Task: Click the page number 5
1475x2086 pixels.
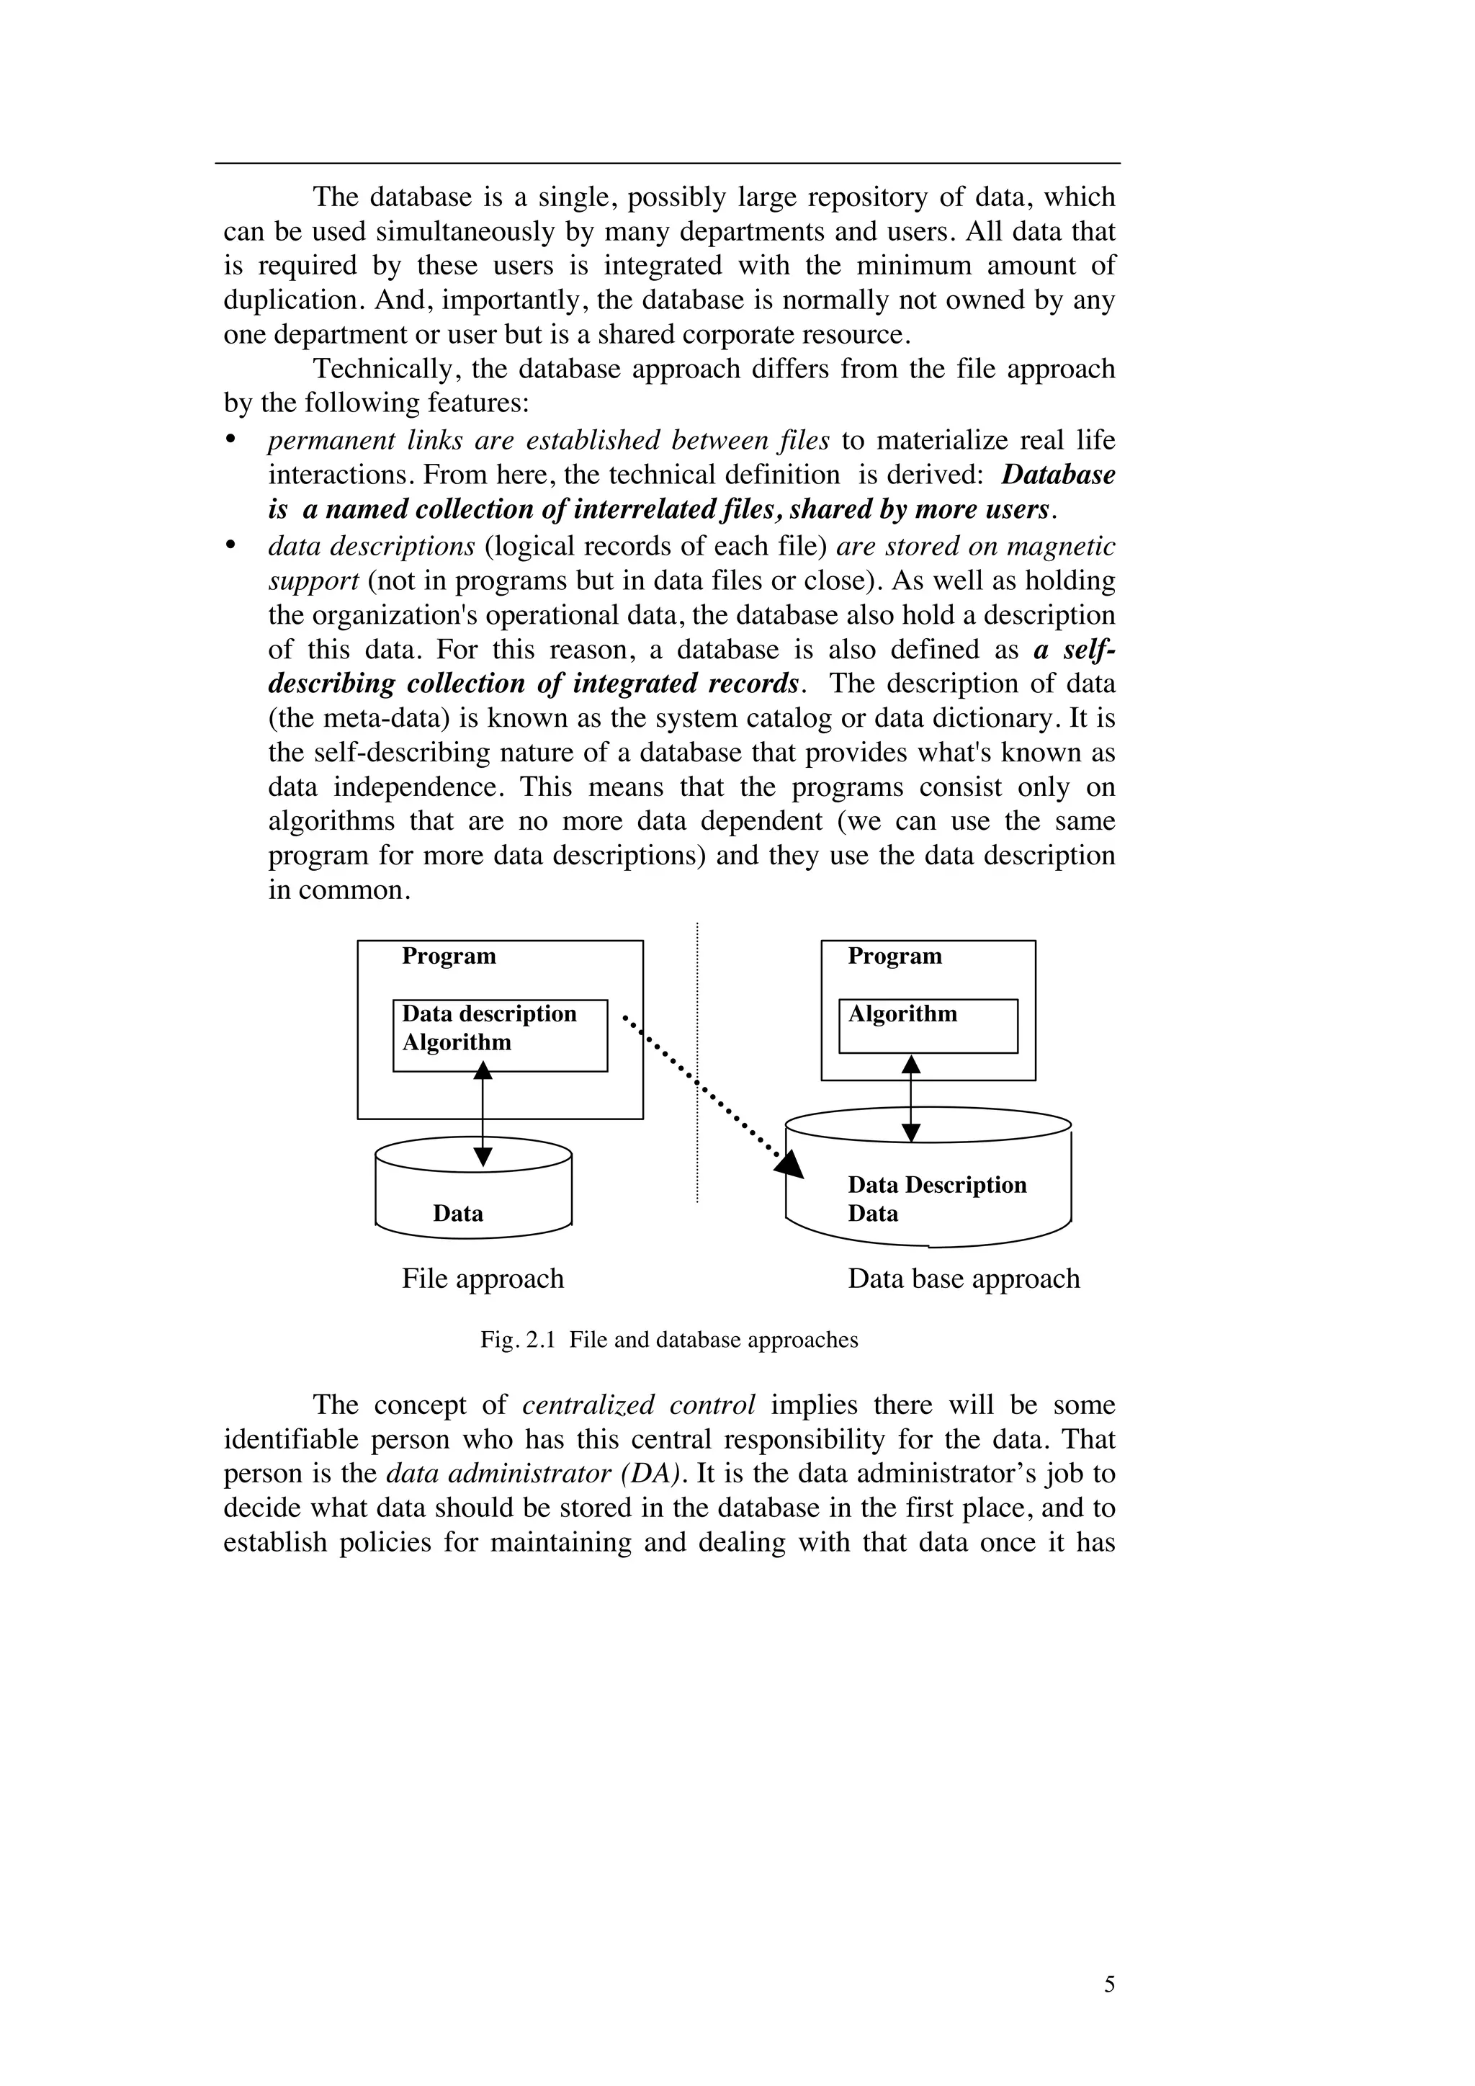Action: [x=1109, y=1984]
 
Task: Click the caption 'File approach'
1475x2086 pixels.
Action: [x=483, y=1279]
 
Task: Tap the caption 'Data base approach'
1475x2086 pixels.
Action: [x=963, y=1279]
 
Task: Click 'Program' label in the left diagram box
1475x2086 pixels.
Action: [x=449, y=956]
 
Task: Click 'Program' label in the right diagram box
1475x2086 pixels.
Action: [x=895, y=956]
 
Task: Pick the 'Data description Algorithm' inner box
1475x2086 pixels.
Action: [x=500, y=1036]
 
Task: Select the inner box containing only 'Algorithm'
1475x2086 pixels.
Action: [x=928, y=1026]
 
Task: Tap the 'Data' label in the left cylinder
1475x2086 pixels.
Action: [x=458, y=1214]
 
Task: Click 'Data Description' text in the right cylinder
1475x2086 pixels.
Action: [x=936, y=1185]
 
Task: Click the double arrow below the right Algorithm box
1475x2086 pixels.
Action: [x=910, y=1098]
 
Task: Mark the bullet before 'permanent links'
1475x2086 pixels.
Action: [x=230, y=439]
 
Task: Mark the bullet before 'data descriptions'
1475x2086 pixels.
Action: [x=230, y=545]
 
